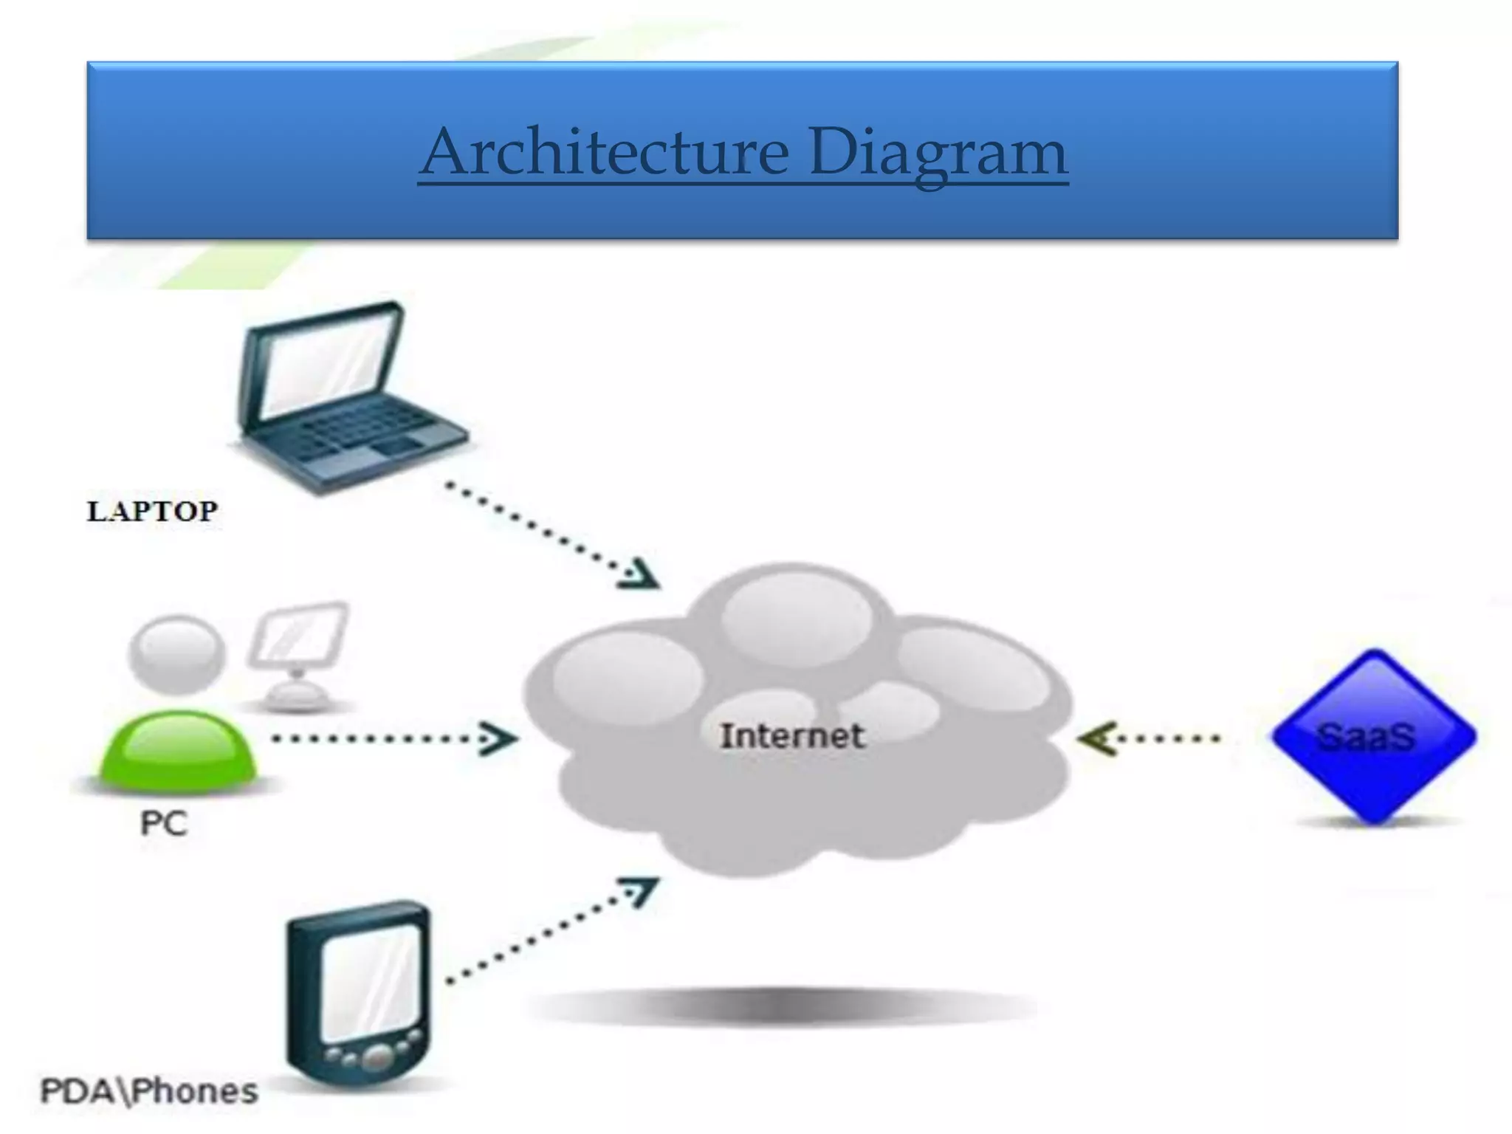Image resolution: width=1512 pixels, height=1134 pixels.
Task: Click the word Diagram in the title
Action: tap(938, 153)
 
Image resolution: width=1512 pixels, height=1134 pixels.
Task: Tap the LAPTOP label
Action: tap(153, 511)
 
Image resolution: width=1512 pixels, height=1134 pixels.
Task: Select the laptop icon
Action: tap(347, 399)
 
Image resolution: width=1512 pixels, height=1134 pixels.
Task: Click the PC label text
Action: tap(164, 823)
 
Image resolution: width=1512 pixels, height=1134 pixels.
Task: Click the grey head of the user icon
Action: tap(177, 653)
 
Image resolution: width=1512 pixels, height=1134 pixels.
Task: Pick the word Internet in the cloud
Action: tap(791, 736)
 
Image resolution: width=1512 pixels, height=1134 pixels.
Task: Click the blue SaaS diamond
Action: tap(1373, 736)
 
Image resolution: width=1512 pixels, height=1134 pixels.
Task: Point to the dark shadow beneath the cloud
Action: tap(783, 1006)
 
